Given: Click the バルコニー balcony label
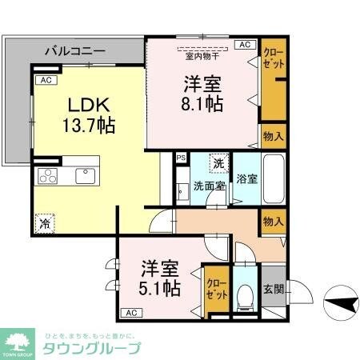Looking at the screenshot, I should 74,50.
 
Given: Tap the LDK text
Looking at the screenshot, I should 82,106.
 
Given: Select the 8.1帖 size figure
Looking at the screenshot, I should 202,103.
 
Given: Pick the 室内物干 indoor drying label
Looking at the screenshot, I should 202,56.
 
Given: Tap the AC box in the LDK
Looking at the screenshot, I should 46,81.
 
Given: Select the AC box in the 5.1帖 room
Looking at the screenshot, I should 130,311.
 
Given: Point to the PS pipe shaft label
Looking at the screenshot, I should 181,157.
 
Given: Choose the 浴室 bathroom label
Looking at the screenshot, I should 246,178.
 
